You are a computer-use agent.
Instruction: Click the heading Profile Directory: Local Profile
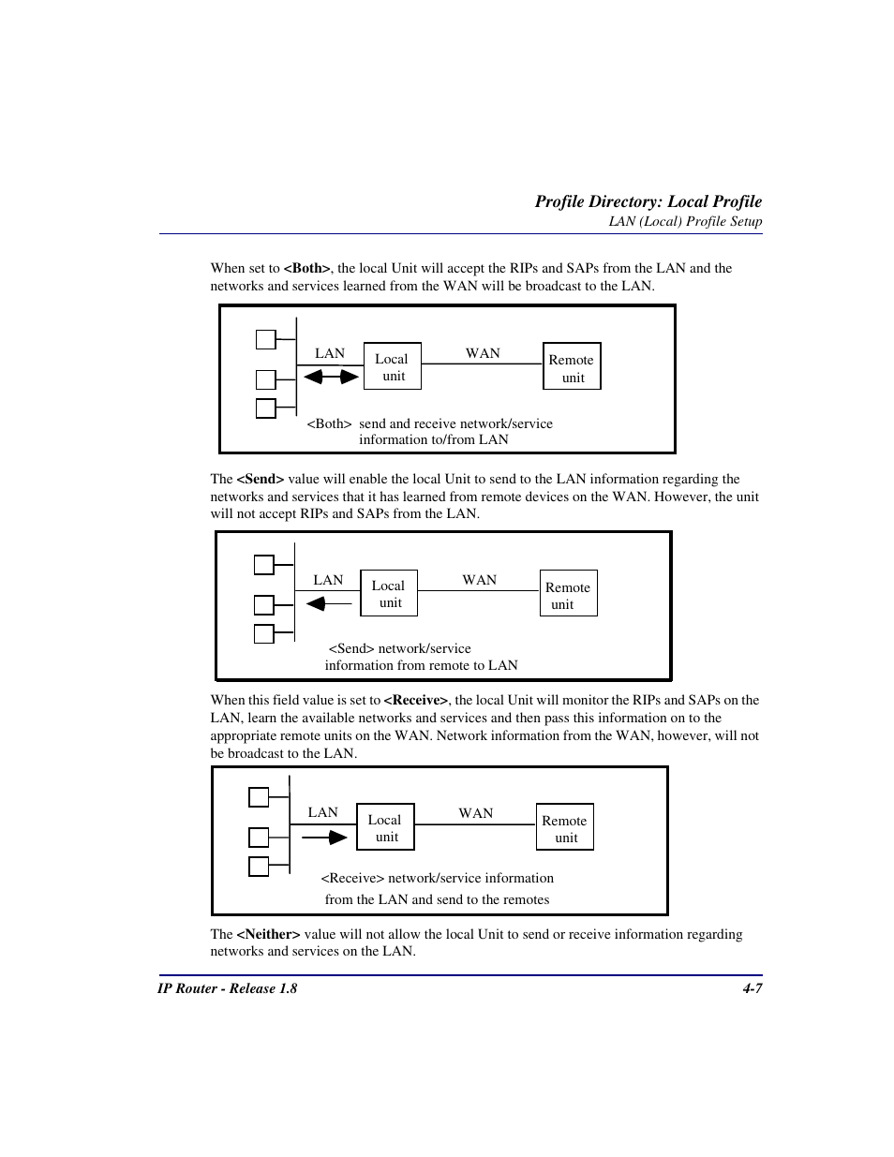tap(648, 201)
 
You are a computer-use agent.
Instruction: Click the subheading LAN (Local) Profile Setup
tap(685, 222)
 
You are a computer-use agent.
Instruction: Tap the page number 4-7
tap(752, 988)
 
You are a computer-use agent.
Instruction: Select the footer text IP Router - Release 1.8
tap(227, 988)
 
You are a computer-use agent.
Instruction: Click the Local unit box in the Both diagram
tap(392, 366)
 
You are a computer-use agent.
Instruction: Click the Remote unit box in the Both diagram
tap(572, 366)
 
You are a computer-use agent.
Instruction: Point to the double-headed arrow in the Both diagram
tap(331, 377)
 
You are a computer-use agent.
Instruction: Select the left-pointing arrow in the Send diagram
tap(329, 604)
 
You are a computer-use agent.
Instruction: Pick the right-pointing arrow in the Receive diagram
tap(325, 837)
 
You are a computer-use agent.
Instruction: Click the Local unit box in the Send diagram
tap(388, 593)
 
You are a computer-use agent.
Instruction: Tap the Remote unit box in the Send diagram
tap(568, 593)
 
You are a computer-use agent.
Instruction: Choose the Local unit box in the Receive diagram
tap(385, 827)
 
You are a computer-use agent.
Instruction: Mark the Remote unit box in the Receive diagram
tap(564, 827)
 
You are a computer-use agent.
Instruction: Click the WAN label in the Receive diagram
tap(475, 813)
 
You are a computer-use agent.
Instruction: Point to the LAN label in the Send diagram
tap(328, 580)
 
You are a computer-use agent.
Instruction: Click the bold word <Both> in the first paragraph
tap(306, 268)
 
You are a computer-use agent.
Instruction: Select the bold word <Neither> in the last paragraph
tap(268, 934)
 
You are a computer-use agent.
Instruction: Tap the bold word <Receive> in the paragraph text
tap(416, 700)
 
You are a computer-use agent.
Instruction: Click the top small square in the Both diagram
tap(266, 339)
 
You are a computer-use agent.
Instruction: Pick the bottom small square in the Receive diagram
tap(259, 867)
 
